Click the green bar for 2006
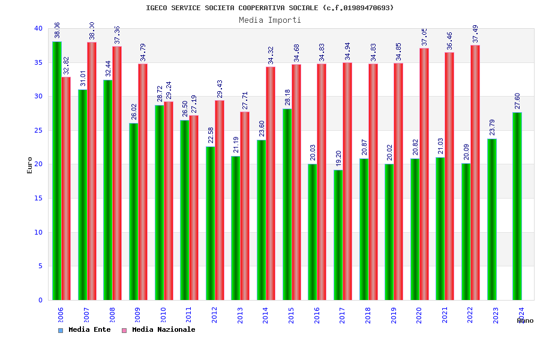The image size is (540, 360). click(56, 170)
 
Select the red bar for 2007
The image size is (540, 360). click(92, 171)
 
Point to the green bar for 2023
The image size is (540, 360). click(492, 219)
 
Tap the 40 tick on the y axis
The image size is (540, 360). click(38, 29)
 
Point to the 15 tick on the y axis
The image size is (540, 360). click(38, 199)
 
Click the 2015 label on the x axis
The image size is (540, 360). click(292, 315)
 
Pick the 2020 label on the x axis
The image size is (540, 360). click(419, 315)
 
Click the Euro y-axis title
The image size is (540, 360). click(30, 165)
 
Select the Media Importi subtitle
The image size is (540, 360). click(270, 20)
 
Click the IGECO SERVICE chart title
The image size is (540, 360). click(270, 8)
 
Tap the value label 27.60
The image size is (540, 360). click(517, 101)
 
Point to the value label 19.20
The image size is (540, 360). click(338, 159)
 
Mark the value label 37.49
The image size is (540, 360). click(475, 34)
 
